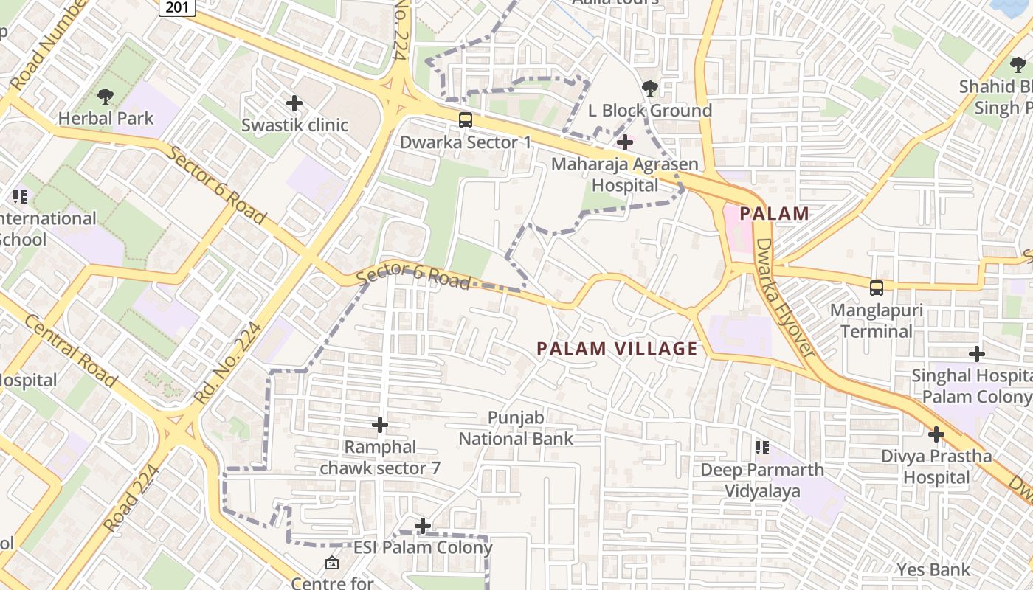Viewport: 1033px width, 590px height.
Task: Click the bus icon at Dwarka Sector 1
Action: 466,119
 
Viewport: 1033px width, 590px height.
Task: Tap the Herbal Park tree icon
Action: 106,96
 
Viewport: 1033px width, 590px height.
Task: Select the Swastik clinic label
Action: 294,125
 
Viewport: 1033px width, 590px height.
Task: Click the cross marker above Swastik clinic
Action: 294,103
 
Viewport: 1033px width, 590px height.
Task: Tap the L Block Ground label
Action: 649,111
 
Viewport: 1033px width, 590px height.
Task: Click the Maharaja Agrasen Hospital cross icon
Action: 625,142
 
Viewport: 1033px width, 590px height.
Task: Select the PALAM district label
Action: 774,214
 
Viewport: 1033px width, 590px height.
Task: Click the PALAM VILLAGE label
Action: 617,349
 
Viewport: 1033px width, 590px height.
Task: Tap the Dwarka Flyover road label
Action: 786,298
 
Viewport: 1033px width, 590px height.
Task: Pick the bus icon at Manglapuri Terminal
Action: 877,288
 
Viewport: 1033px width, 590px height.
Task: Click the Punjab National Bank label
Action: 516,428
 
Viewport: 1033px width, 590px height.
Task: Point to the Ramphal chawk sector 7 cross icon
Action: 380,425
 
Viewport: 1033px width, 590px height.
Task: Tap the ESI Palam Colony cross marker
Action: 423,526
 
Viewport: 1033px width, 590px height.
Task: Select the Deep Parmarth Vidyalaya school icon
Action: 762,448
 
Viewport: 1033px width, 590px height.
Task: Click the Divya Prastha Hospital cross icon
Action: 936,434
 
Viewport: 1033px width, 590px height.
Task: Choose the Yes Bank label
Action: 933,569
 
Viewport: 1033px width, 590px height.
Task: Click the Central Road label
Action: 71,350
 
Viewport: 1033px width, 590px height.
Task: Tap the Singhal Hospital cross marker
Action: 977,354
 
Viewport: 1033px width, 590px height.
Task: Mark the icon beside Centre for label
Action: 332,563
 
